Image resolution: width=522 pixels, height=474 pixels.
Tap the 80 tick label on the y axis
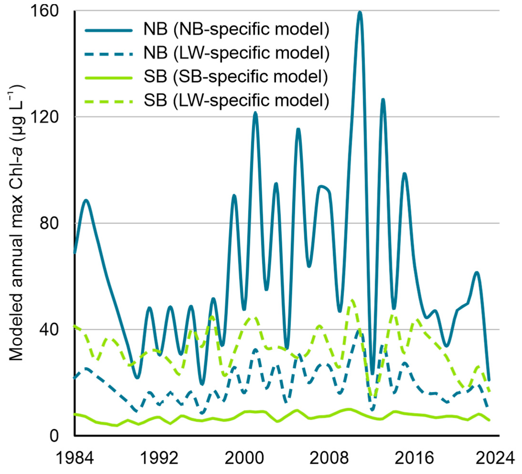click(49, 223)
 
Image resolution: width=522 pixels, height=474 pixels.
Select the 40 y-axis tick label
click(49, 330)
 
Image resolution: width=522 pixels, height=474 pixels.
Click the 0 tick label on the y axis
click(54, 436)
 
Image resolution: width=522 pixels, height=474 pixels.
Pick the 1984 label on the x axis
click(75, 458)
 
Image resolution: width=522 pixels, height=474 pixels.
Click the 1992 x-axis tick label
click(159, 458)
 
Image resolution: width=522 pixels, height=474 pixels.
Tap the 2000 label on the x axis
click(244, 458)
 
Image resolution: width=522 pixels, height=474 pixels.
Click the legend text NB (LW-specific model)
click(236, 53)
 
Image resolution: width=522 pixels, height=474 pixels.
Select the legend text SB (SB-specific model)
click(236, 77)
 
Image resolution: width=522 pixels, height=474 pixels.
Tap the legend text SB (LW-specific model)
click(236, 100)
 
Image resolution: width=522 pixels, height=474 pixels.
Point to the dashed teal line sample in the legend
click(109, 54)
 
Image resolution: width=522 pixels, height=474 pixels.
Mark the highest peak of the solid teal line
click(360, 12)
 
